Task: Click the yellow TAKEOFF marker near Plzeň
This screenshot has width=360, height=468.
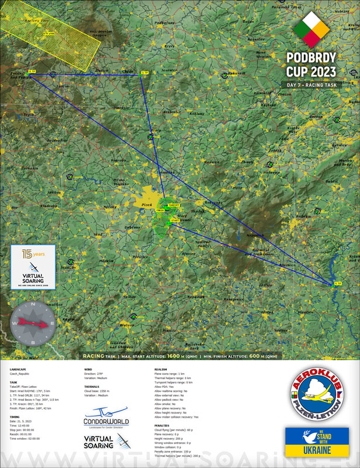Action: (173, 205)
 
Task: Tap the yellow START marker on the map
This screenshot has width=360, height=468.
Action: (174, 220)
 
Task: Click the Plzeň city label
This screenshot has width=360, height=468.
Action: (147, 205)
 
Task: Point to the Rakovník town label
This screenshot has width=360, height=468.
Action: (236, 73)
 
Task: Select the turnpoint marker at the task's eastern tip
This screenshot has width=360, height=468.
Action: (337, 284)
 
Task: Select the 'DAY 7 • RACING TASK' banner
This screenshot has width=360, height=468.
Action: (312, 85)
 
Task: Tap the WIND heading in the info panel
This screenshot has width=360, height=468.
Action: (88, 370)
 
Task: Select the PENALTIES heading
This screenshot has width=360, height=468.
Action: (163, 425)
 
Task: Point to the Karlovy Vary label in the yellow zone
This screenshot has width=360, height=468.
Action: (26, 20)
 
